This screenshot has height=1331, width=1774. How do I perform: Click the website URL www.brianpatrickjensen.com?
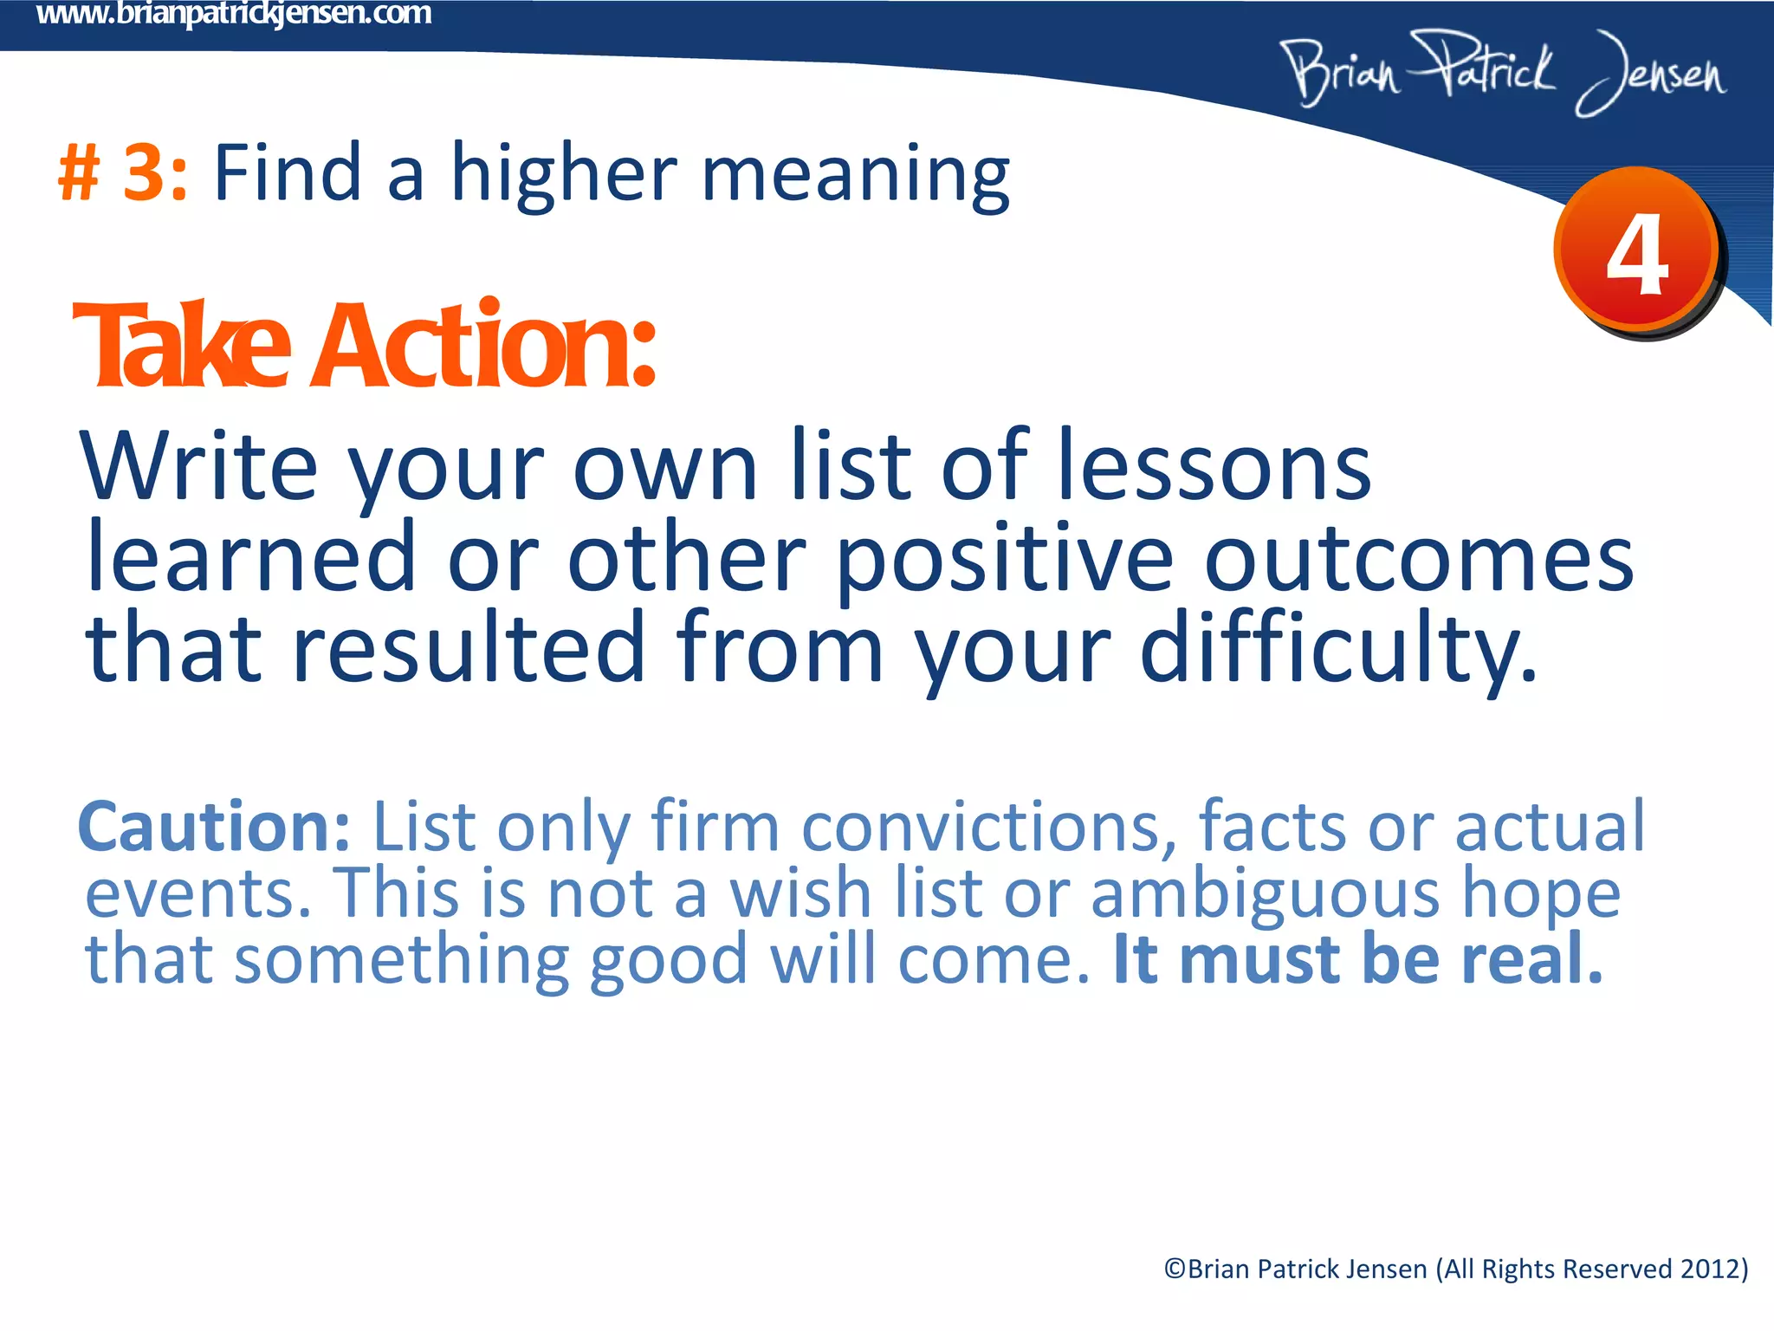[x=234, y=14]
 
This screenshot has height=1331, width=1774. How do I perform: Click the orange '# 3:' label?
[x=122, y=172]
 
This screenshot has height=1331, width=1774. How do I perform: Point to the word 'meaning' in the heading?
[x=855, y=176]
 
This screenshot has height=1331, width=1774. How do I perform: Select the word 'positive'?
[x=1005, y=559]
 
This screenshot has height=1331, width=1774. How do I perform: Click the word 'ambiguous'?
[x=1266, y=893]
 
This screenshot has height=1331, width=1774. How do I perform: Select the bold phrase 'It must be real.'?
[x=1357, y=959]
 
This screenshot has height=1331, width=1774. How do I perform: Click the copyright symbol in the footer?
[x=1175, y=1269]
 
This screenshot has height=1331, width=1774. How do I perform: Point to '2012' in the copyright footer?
[x=1710, y=1269]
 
